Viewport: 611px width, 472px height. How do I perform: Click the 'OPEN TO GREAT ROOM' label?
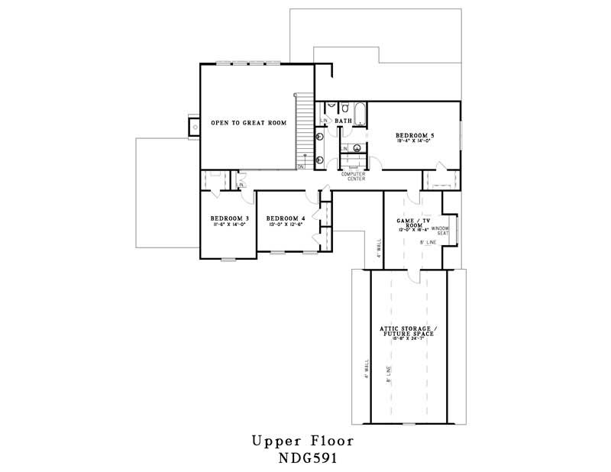[248, 122]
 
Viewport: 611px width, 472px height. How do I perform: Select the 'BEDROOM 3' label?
[226, 218]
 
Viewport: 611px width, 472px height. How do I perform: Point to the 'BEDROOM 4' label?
[286, 218]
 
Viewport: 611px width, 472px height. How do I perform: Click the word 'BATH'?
[343, 121]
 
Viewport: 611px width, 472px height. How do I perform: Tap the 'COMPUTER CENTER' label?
[353, 176]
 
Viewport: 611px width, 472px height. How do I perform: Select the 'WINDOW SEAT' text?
[440, 231]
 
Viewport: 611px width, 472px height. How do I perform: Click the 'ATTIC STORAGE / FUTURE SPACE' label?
[407, 331]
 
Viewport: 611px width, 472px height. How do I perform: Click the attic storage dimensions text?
[407, 342]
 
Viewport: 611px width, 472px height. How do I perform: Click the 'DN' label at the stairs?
[301, 166]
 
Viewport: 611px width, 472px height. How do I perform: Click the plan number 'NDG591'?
[302, 459]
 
